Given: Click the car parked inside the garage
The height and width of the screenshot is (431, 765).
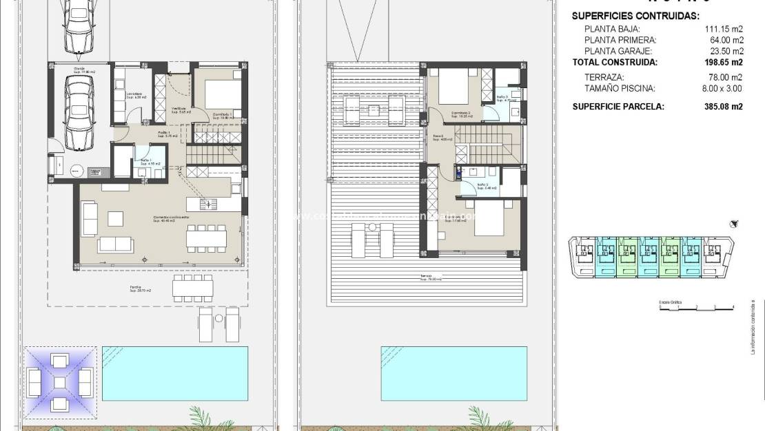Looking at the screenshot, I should [x=79, y=112].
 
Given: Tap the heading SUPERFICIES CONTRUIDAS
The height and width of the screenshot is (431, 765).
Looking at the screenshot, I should [x=635, y=16].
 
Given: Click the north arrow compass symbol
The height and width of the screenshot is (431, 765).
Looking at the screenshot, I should [x=735, y=223].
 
